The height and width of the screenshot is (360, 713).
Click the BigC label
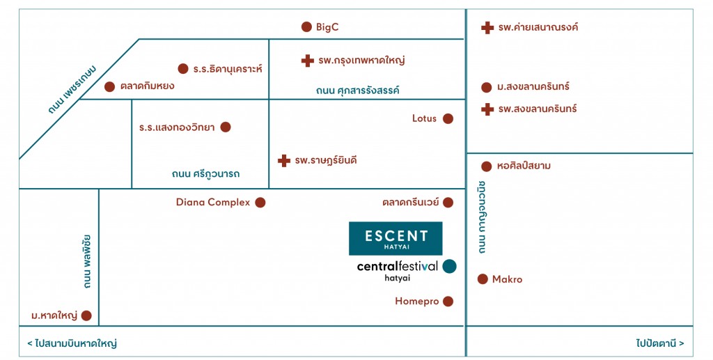click(327, 27)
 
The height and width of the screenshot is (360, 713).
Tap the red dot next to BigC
click(306, 27)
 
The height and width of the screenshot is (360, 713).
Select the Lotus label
click(424, 118)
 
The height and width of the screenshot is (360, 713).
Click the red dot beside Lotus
click(448, 118)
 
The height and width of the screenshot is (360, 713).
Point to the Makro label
click(508, 279)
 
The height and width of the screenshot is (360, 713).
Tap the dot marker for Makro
click(483, 279)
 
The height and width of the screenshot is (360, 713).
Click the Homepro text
click(417, 302)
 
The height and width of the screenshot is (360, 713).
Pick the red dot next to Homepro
click(448, 302)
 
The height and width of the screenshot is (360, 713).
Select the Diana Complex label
click(213, 202)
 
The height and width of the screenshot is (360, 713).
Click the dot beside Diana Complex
click(260, 202)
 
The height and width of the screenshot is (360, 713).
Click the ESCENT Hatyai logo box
click(395, 239)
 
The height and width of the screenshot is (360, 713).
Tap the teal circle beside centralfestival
click(449, 267)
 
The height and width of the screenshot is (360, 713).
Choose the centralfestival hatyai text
click(398, 271)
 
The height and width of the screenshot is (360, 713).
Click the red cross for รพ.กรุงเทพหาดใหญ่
click(308, 61)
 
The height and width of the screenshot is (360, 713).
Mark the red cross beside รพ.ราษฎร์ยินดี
click(284, 160)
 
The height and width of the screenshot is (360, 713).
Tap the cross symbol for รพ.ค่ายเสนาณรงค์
click(487, 28)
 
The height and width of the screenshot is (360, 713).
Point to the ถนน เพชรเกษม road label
click(72, 90)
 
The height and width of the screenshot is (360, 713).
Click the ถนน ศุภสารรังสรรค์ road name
click(358, 90)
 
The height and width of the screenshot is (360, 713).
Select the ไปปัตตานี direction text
click(660, 343)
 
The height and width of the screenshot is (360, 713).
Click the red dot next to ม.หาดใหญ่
click(86, 315)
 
